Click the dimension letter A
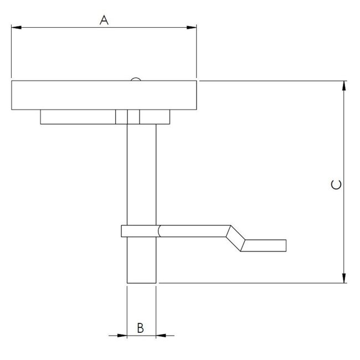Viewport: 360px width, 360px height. (104, 20)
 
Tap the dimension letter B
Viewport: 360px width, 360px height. (141, 328)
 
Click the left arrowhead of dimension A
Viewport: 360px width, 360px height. (15, 27)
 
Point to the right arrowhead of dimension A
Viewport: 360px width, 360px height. (193, 27)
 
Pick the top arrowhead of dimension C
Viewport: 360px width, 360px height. (344, 85)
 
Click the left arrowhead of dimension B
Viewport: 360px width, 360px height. (122, 335)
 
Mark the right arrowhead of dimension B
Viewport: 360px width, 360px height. (161, 335)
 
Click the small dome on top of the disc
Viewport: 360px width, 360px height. (135, 80)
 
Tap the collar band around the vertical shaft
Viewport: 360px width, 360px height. (141, 231)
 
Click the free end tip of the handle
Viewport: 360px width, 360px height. (285, 245)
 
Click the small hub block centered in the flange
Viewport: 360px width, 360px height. (128, 117)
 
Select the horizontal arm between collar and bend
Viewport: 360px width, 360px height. (194, 231)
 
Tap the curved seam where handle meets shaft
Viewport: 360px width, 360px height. (160, 231)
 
